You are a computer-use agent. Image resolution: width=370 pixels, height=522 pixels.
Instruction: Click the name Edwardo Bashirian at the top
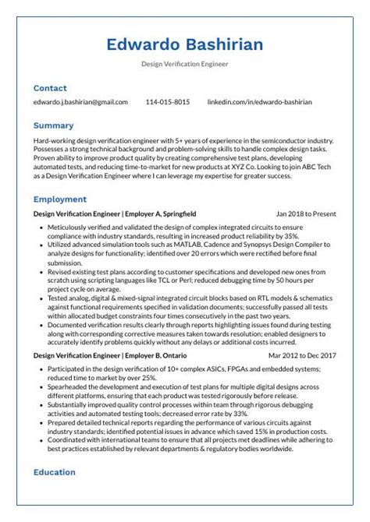[x=185, y=44]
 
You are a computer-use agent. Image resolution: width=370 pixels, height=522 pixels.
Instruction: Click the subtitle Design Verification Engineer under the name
[x=185, y=64]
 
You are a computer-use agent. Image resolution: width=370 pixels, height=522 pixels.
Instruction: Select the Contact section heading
[x=50, y=88]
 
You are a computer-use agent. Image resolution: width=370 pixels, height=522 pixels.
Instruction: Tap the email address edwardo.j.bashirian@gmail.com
[x=80, y=102]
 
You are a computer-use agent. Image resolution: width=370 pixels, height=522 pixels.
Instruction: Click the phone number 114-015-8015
[x=167, y=102]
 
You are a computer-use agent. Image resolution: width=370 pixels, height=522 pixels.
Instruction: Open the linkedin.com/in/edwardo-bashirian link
[x=259, y=102]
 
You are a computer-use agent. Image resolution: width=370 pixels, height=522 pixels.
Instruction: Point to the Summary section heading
[x=54, y=125]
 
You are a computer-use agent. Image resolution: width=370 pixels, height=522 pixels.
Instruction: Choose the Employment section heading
[x=60, y=199]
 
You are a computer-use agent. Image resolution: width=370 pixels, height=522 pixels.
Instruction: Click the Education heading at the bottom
[x=55, y=472]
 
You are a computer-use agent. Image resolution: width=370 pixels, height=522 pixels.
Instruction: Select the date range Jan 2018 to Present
[x=306, y=213]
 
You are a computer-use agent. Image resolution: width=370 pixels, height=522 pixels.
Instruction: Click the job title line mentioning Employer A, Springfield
[x=115, y=213]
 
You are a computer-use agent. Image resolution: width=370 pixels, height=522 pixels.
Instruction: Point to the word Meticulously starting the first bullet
[x=69, y=227]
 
